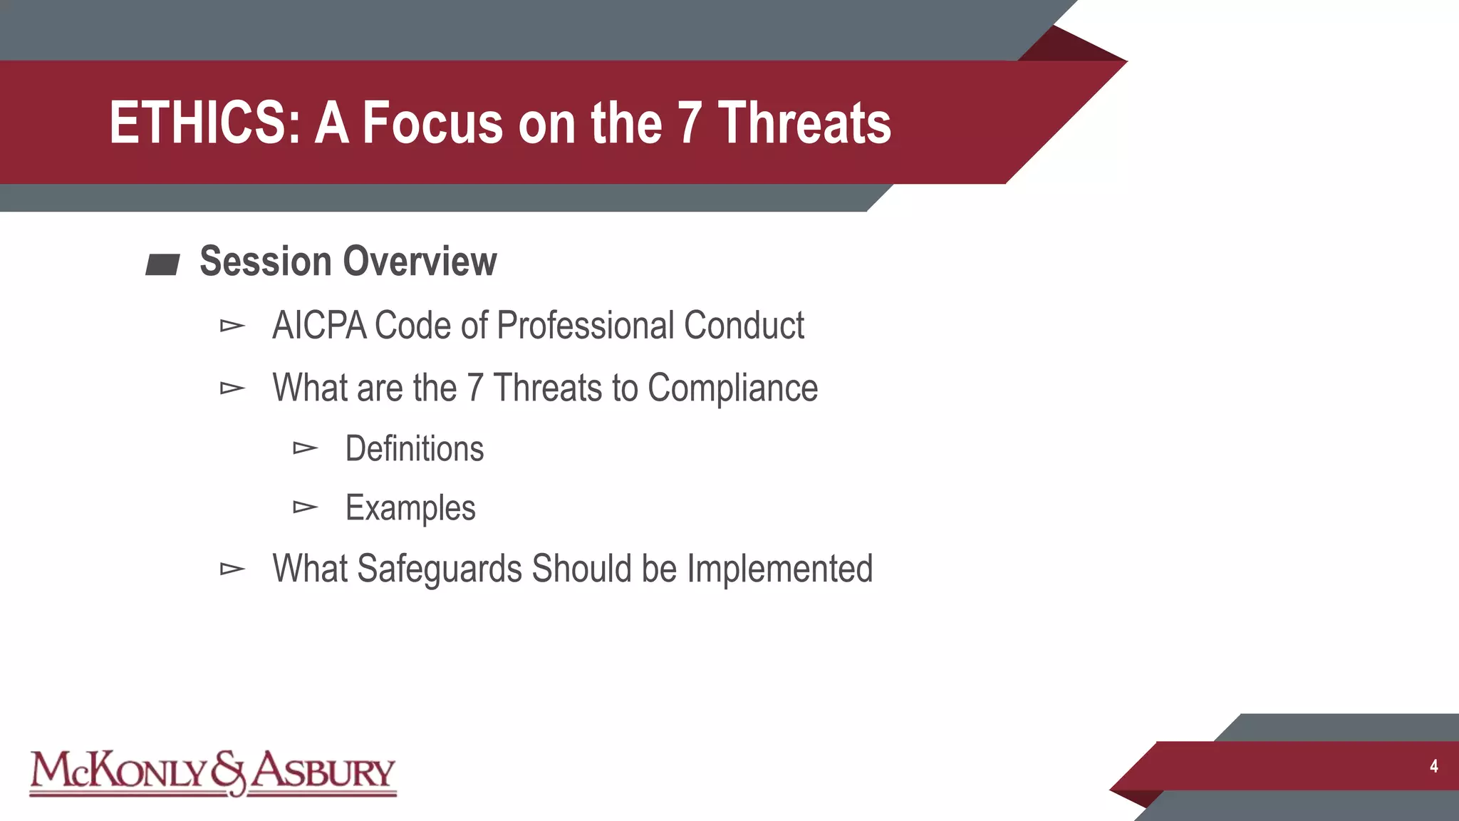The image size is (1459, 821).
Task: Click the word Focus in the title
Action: point(432,123)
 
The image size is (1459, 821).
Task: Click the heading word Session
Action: point(266,262)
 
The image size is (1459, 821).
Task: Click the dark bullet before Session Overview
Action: point(162,265)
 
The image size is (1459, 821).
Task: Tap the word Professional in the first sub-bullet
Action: point(586,326)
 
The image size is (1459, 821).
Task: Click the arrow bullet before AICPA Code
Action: point(232,326)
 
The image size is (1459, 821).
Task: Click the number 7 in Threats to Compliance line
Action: point(475,388)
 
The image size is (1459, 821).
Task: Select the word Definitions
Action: point(414,449)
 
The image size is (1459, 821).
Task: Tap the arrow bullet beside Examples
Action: point(305,507)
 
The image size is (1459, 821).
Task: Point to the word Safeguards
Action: point(439,569)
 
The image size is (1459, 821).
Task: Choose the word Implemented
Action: point(779,569)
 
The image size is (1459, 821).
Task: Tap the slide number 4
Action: point(1433,767)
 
